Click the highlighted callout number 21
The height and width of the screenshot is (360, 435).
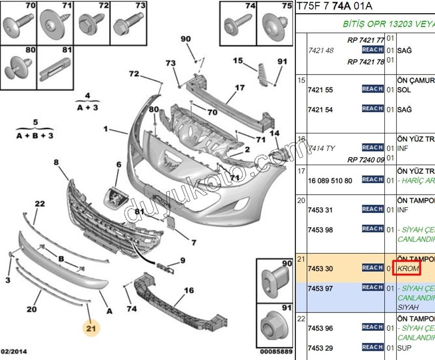pyautogui.click(x=91, y=329)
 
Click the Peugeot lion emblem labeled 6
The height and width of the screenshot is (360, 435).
pyautogui.click(x=116, y=196)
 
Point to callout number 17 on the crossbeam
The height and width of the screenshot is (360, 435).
pyautogui.click(x=240, y=87)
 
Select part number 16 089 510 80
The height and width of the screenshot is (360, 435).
pyautogui.click(x=330, y=181)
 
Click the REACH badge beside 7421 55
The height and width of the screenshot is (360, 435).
pyautogui.click(x=372, y=89)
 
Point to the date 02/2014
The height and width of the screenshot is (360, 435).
pyautogui.click(x=14, y=352)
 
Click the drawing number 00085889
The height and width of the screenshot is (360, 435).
pyautogui.click(x=276, y=352)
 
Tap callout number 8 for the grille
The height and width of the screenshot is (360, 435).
pyautogui.click(x=56, y=163)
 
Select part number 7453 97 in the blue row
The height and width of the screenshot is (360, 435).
pyautogui.click(x=320, y=289)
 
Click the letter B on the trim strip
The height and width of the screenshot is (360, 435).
pyautogui.click(x=61, y=259)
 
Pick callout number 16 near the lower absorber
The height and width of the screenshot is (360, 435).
pyautogui.click(x=189, y=290)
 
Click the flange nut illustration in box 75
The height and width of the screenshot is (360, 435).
pyautogui.click(x=275, y=26)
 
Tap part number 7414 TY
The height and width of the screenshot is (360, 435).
pyautogui.click(x=321, y=148)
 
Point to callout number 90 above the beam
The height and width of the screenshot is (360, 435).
pyautogui.click(x=185, y=39)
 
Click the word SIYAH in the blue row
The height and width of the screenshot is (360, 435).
pyautogui.click(x=408, y=307)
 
